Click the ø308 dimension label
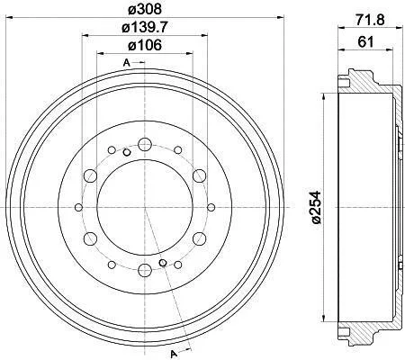(145, 9)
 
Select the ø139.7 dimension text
(145, 28)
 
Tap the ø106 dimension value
(145, 45)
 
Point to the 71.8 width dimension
(370, 20)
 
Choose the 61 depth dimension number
(365, 41)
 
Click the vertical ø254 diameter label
(316, 207)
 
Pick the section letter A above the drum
(127, 63)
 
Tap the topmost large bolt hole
(145, 145)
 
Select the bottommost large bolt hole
(145, 270)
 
